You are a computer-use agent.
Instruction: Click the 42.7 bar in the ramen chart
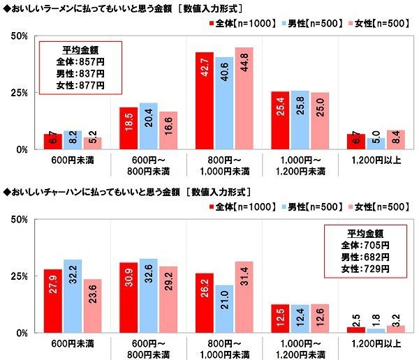click(204, 100)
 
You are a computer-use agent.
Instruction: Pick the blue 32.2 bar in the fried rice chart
click(73, 297)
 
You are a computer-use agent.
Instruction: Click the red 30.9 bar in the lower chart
click(128, 298)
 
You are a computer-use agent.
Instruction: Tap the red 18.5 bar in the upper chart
click(128, 128)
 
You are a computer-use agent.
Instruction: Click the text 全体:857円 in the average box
click(80, 61)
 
